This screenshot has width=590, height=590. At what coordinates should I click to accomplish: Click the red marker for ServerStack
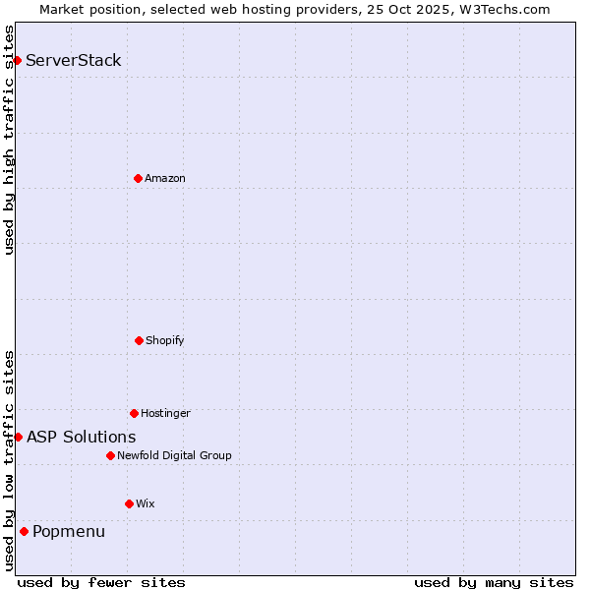point(17,61)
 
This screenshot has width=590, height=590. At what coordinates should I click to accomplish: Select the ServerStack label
point(74,61)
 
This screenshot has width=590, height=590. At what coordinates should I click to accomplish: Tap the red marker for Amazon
point(138,178)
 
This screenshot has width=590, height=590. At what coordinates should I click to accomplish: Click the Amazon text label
point(165,178)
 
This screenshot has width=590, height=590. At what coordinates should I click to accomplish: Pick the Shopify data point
point(139,340)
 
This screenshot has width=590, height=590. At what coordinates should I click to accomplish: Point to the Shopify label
point(165,340)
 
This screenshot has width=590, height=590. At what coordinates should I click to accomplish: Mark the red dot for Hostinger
point(134,413)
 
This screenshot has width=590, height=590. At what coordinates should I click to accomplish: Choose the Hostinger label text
point(165,413)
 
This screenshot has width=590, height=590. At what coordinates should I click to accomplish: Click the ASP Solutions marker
point(18,437)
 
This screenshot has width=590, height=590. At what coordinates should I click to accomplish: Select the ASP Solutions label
point(82,437)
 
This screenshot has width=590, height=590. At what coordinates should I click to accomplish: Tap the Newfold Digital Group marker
point(110,455)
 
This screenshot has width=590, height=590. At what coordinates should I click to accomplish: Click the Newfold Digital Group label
point(174,455)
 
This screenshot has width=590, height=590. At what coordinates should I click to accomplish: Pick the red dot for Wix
point(129,503)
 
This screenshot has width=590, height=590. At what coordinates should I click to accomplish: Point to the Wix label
point(146,503)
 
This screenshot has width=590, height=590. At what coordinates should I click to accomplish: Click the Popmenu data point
point(24,532)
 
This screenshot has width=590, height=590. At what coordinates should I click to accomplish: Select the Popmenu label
point(69,532)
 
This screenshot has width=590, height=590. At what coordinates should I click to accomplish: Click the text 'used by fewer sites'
point(101,582)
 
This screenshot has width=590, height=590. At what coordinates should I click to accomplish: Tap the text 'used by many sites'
point(494,582)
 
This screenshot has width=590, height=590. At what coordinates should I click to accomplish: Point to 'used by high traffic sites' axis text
point(9,140)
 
